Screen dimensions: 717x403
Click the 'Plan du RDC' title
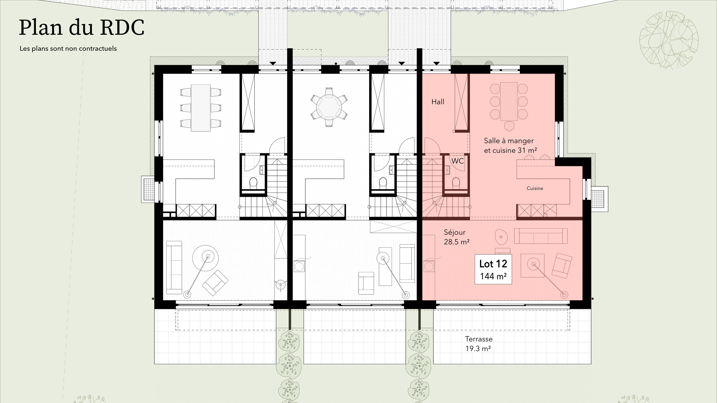(82, 28)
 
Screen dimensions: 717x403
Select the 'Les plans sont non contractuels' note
(68, 48)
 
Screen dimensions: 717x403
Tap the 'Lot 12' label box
(493, 269)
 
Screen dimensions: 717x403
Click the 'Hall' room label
(438, 102)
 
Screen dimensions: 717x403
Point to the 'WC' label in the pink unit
(457, 161)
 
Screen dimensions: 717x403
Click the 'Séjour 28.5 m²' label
(457, 237)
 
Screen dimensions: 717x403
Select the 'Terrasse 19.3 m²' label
(479, 344)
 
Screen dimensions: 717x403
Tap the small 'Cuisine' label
(535, 188)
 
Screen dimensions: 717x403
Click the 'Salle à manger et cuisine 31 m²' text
(511, 146)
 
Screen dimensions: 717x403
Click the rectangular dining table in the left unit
(201, 108)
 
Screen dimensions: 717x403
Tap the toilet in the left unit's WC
(253, 183)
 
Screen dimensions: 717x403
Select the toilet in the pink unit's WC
(456, 183)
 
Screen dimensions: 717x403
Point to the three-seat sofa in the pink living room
(541, 236)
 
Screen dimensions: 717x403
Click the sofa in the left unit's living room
(174, 268)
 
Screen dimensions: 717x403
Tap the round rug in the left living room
(205, 258)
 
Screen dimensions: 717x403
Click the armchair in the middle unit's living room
(366, 283)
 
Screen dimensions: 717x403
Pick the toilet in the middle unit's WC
(383, 183)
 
